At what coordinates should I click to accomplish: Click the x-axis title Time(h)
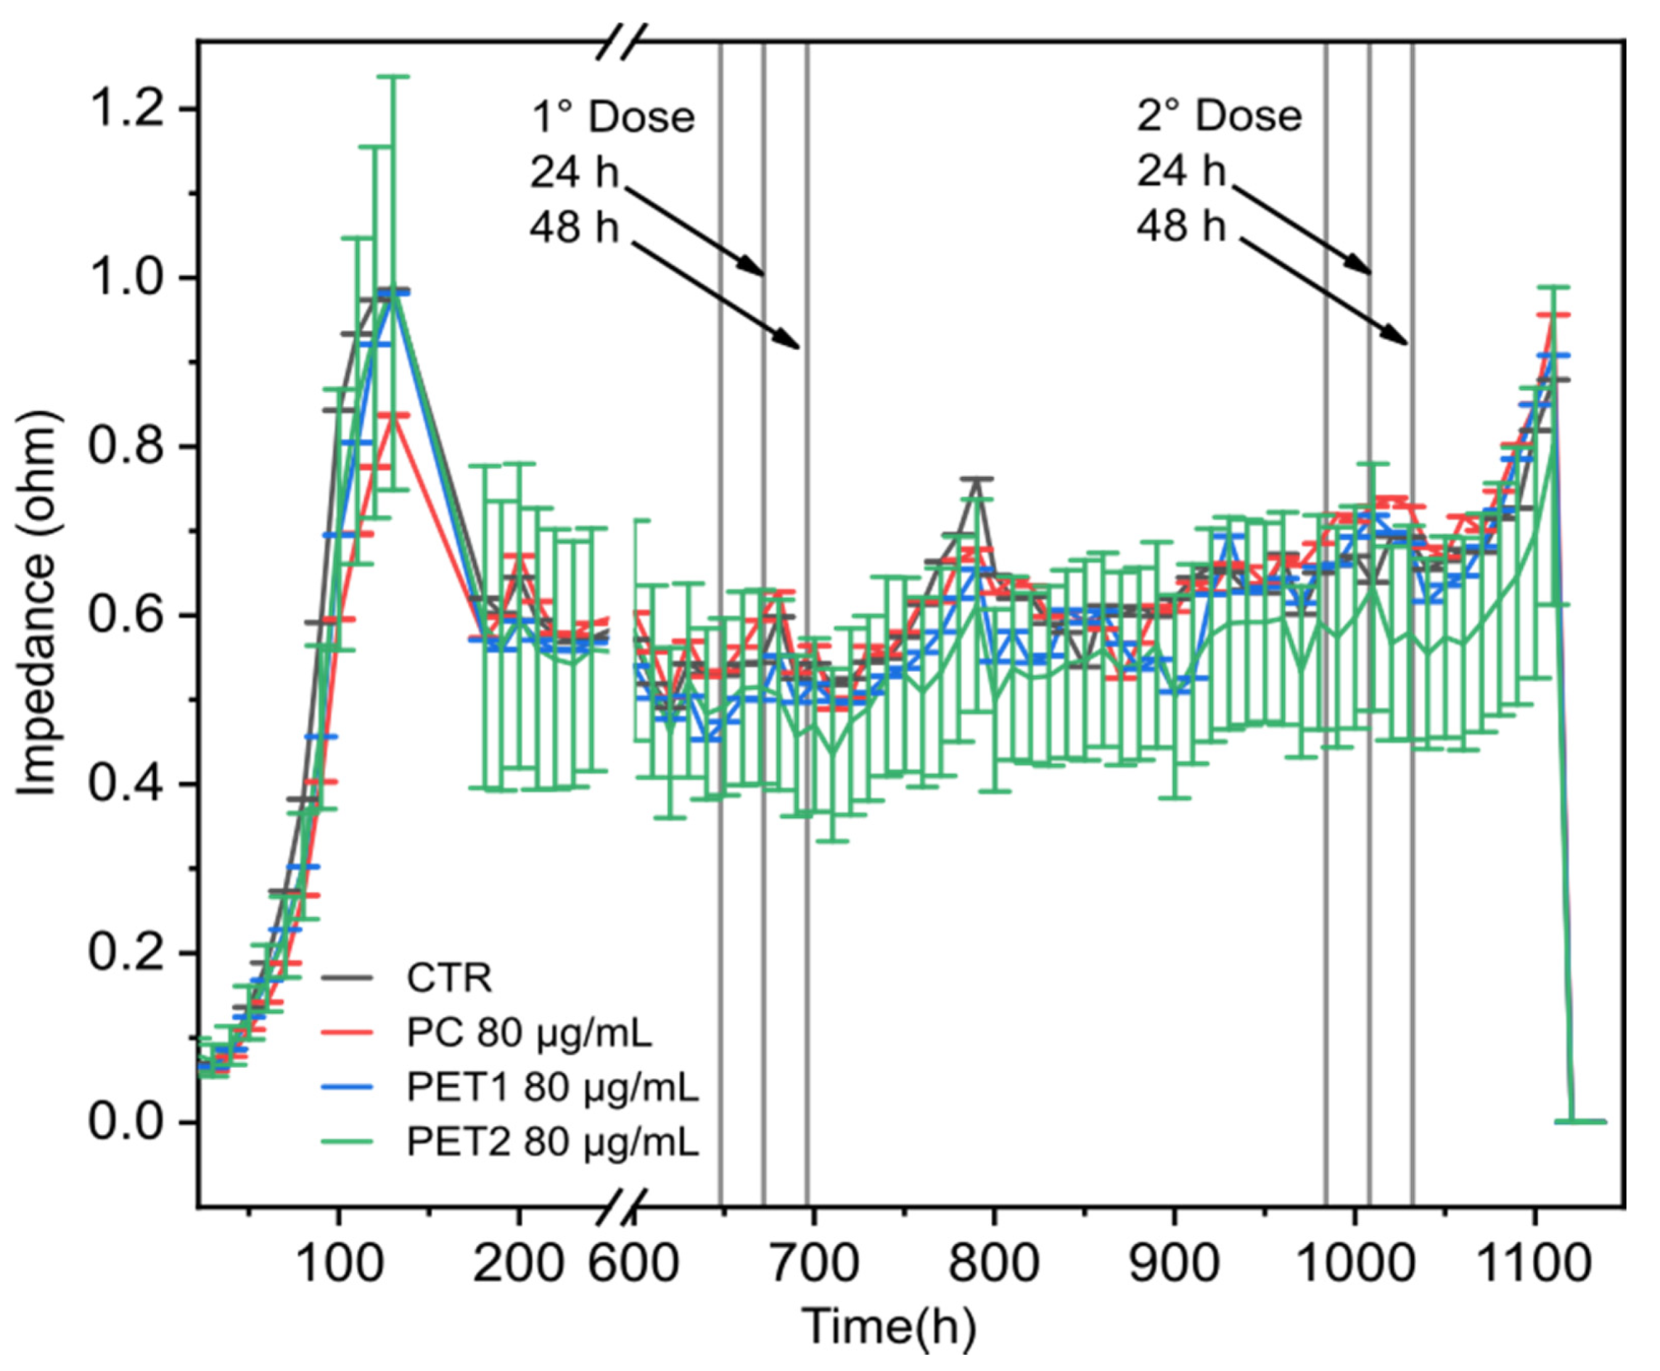[889, 1327]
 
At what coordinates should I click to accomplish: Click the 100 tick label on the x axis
[339, 1264]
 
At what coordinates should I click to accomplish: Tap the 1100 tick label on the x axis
[1534, 1264]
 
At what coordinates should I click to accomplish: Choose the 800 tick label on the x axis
[993, 1264]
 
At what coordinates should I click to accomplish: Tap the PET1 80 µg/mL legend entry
[552, 1088]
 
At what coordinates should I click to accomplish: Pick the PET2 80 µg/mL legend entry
[552, 1142]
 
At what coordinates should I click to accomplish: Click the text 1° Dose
[613, 117]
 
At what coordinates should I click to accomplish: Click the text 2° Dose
[1219, 116]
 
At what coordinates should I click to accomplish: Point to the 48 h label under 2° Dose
[1181, 227]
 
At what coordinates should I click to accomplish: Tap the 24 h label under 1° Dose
[574, 172]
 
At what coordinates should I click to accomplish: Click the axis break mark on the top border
[621, 41]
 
